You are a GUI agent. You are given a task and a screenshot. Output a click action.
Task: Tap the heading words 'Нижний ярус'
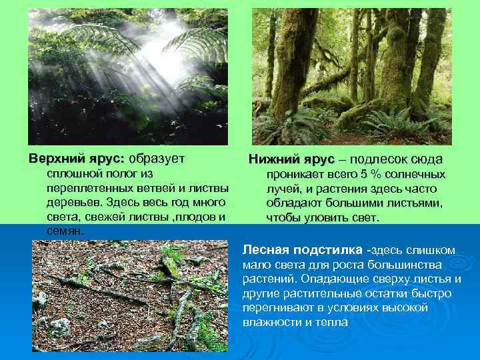(291, 160)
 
